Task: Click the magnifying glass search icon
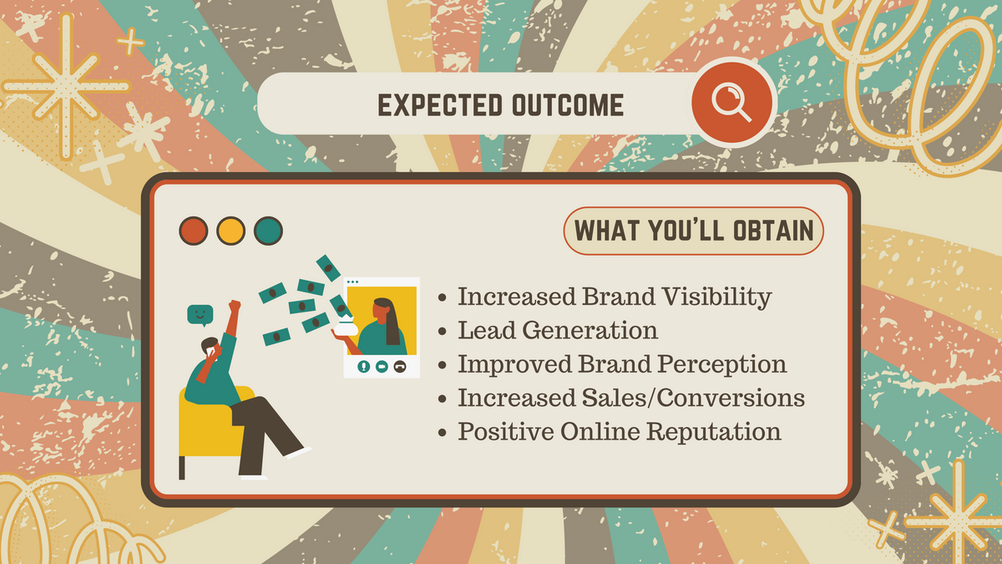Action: [731, 102]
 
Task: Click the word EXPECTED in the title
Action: [440, 105]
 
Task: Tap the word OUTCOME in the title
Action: [568, 105]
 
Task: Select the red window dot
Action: [193, 231]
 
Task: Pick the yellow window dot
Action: [230, 231]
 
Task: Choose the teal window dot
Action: [268, 231]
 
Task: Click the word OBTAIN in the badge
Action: [773, 231]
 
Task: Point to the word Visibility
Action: [716, 297]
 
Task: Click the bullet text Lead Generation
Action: [558, 330]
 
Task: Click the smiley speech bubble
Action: [200, 315]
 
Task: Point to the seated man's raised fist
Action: [235, 306]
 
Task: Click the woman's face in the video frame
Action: [381, 312]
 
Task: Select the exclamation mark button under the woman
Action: [364, 367]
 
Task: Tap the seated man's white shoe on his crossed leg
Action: [299, 452]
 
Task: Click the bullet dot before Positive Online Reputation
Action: [443, 433]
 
